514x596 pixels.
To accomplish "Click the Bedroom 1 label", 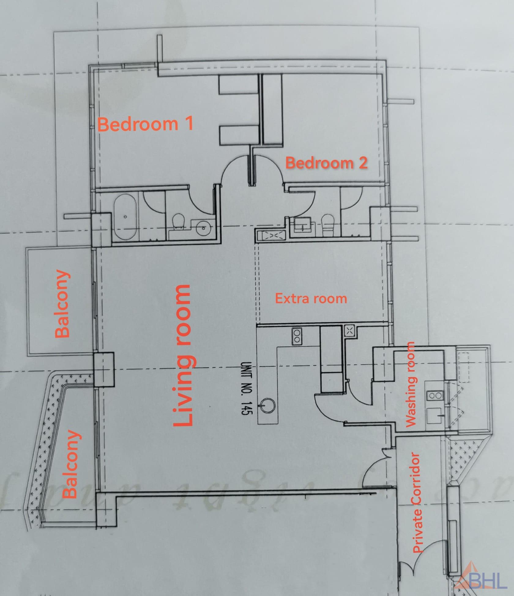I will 145,124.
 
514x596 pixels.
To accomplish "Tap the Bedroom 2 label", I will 326,163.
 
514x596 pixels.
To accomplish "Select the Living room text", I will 183,355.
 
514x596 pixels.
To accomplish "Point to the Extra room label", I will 311,298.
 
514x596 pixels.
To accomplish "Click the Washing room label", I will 410,384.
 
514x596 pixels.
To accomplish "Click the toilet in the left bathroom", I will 178,221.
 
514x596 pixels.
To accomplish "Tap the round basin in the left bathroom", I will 202,227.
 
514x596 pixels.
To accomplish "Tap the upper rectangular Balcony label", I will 63,303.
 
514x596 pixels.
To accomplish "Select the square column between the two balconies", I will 103,368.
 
